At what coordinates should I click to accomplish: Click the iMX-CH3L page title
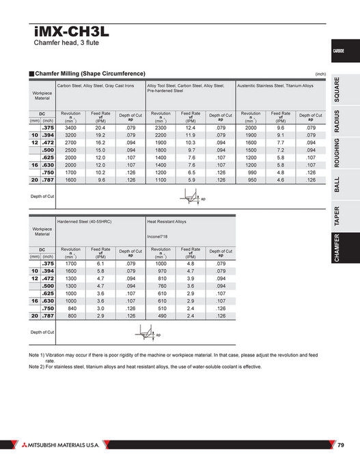point(70,30)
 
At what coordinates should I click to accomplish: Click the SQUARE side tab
point(338,89)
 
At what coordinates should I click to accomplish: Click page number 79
point(341,446)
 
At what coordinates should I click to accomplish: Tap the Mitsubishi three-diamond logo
point(15,446)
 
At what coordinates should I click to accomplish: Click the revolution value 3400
point(70,128)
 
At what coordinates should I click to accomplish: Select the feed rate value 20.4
point(100,128)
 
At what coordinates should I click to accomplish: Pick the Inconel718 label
point(159,237)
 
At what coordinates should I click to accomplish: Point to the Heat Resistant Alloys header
point(167,222)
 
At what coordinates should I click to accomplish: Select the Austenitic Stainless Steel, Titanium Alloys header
point(274,85)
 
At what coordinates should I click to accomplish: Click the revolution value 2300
point(161,128)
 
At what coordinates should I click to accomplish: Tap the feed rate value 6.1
point(100,263)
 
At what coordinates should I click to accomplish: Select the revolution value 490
point(161,317)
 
